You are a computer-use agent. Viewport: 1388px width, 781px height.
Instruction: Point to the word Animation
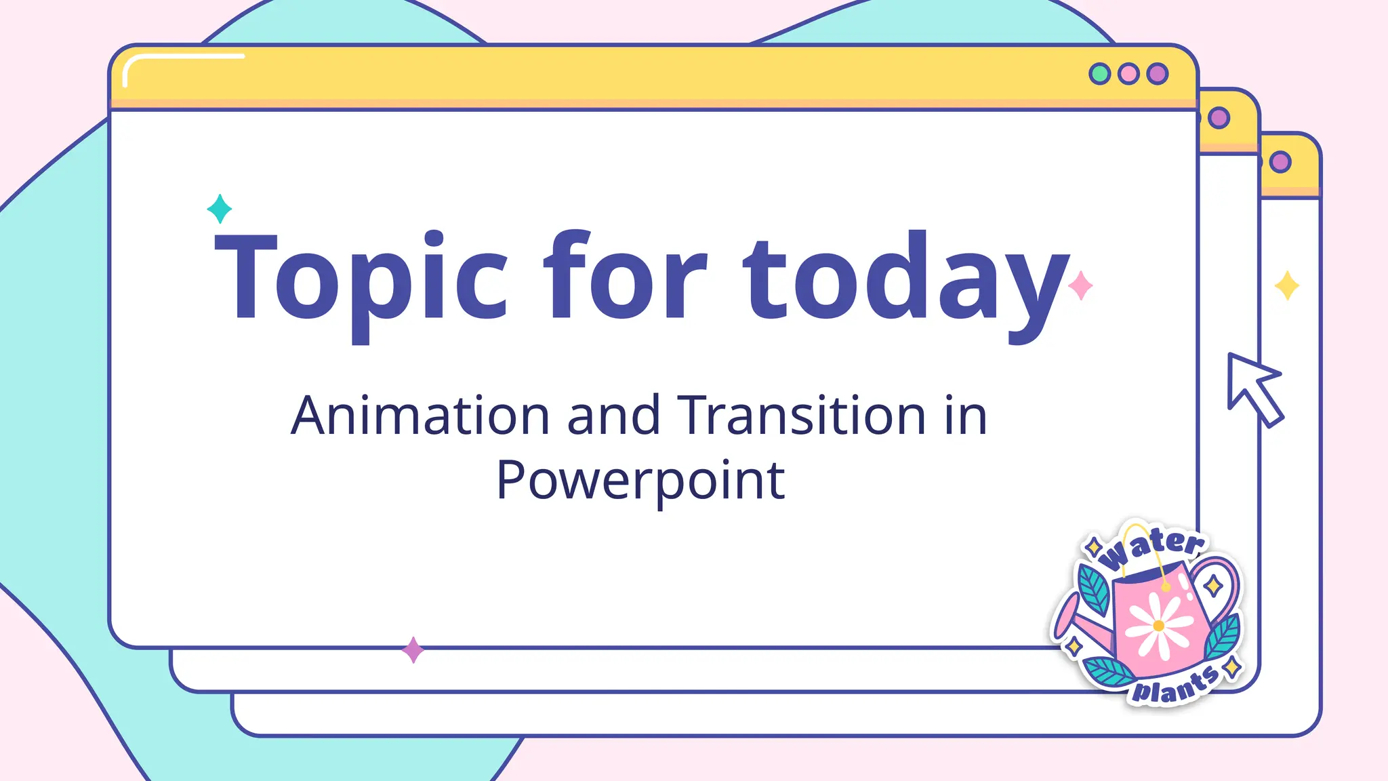[420, 415]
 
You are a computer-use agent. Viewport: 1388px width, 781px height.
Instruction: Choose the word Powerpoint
[640, 480]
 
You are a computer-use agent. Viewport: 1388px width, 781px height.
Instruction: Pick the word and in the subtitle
[613, 415]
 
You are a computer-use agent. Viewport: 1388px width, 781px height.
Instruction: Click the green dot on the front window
[1099, 73]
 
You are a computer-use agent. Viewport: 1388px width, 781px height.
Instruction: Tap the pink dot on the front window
[1128, 73]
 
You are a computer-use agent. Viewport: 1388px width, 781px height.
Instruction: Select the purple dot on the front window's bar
[1158, 73]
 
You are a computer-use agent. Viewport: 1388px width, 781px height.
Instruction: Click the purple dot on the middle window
[1219, 118]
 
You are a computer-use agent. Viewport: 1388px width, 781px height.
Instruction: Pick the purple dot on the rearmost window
[1280, 162]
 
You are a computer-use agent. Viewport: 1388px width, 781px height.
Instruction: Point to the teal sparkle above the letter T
[220, 209]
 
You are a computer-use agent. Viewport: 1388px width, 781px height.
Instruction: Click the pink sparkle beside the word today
[1080, 285]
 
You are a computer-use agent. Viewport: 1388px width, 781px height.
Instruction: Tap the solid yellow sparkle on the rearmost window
[1287, 285]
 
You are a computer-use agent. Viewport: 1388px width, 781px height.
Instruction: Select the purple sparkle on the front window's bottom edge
[413, 650]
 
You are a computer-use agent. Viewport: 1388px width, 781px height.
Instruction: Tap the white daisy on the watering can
[1158, 625]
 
